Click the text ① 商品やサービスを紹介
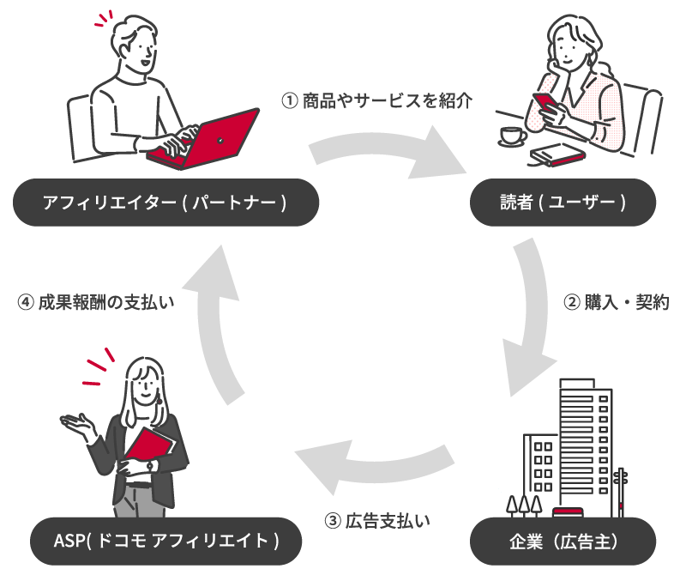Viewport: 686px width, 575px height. (x=376, y=100)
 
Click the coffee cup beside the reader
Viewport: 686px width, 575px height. (x=512, y=135)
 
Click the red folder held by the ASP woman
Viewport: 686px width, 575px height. (x=149, y=447)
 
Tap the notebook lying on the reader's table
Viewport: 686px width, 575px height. (x=558, y=154)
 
